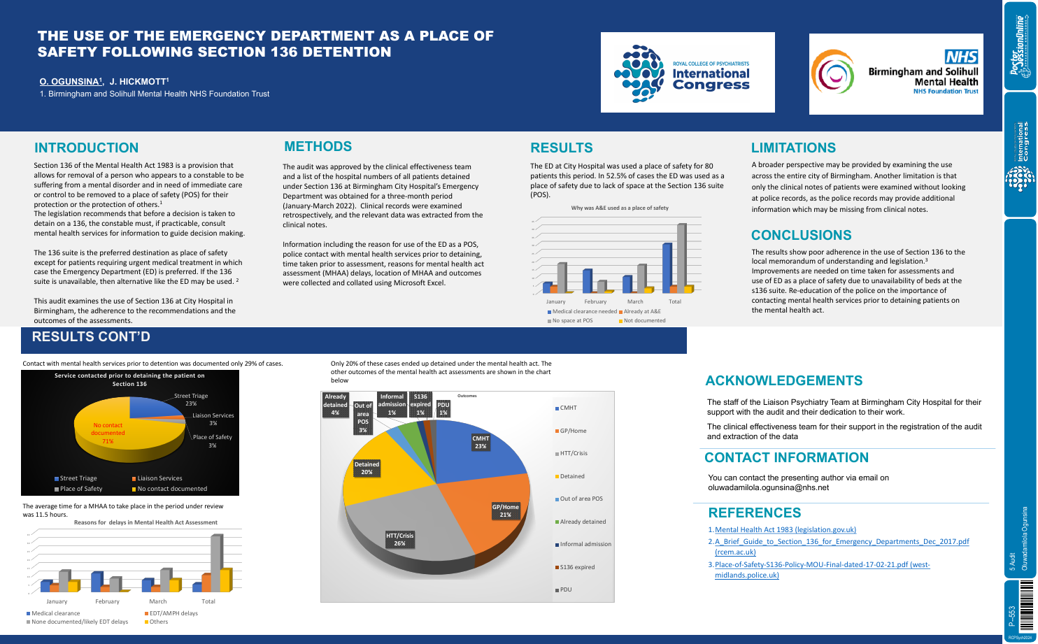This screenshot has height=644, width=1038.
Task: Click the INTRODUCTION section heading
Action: coord(87,148)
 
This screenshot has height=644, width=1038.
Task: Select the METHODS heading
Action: coord(318,147)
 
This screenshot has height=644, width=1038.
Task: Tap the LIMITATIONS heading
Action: coord(793,148)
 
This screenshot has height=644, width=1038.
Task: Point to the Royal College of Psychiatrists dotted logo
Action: coord(638,73)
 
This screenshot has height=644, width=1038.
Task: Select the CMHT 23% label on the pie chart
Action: coord(481,442)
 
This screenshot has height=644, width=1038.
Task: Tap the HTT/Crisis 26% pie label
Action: coord(399,539)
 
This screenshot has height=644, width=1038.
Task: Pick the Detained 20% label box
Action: coord(367,468)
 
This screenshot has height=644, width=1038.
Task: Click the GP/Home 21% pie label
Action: coord(506,510)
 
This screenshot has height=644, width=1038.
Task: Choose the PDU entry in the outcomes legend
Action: coord(565,589)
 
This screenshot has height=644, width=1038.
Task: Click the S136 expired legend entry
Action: coord(576,567)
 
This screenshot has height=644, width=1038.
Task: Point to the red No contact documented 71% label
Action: coord(108,433)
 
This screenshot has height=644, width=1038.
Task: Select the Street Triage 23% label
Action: coord(191,399)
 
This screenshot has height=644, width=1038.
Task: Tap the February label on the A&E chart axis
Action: coord(595,301)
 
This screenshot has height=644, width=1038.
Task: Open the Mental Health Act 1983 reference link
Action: coord(785,530)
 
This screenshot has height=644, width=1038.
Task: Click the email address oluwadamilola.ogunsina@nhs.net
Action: coord(768,487)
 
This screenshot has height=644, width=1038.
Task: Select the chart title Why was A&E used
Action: coord(619,208)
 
